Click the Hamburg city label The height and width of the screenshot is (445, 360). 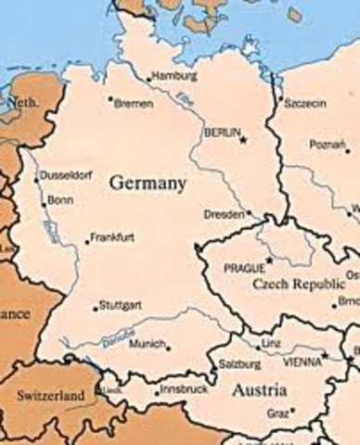tap(174, 75)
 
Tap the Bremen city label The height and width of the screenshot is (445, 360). tap(134, 104)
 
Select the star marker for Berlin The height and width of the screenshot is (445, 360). tap(244, 139)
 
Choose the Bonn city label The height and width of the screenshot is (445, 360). tap(60, 200)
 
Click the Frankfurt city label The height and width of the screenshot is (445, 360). tap(113, 237)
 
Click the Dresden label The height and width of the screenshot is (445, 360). tap(225, 214)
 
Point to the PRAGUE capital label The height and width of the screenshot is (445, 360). tap(244, 268)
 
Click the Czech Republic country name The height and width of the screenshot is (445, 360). tap(291, 286)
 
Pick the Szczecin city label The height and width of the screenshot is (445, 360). tap(305, 103)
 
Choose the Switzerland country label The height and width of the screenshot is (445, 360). tap(50, 396)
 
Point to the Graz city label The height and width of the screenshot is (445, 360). tap(278, 413)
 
